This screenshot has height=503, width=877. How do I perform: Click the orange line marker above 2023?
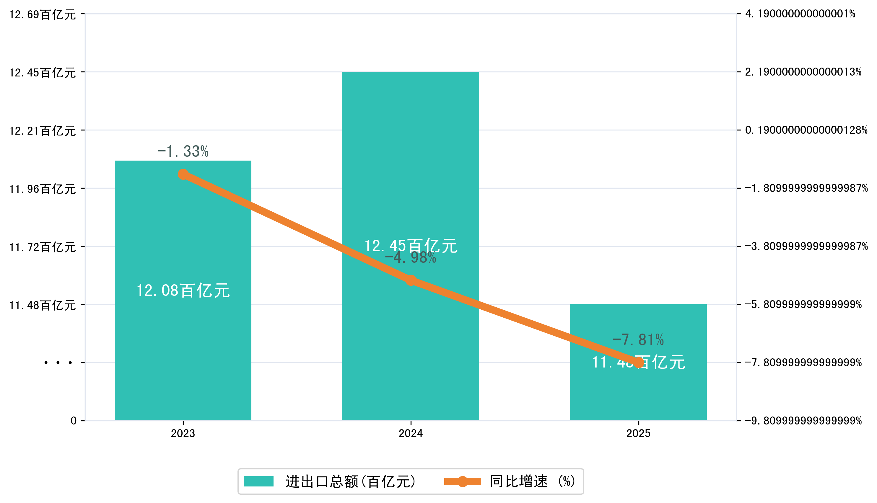point(183,174)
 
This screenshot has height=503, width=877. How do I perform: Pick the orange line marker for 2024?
point(411,280)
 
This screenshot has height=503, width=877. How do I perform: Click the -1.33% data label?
point(183,151)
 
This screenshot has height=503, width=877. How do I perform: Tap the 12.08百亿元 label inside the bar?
point(183,290)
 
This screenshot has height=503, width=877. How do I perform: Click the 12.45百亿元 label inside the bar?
point(411,246)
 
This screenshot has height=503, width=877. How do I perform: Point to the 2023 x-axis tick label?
point(183,434)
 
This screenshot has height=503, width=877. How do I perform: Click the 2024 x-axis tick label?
point(411,434)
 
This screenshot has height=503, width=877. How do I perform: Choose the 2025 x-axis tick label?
point(638,434)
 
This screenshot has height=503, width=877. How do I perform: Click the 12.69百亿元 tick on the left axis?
point(43,14)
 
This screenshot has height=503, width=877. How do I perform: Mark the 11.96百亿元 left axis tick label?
point(43,189)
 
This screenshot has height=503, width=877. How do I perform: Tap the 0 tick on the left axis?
point(74,421)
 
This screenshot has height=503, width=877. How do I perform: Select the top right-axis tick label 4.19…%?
point(800,14)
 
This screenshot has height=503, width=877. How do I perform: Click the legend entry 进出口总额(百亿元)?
point(330,481)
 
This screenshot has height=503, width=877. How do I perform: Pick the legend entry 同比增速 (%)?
point(510,481)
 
